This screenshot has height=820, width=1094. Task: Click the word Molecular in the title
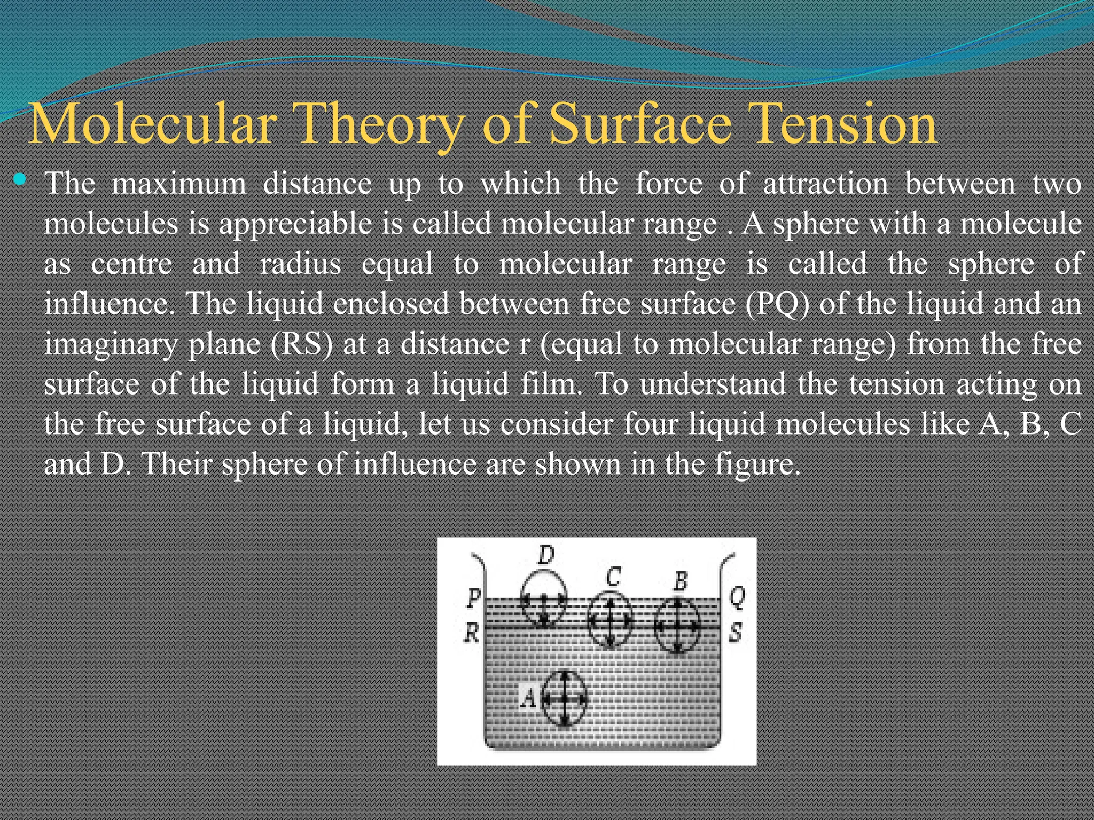(152, 124)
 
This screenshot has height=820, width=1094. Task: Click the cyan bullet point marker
(20, 179)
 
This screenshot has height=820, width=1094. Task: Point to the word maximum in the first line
(178, 184)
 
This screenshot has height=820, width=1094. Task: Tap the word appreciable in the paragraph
(295, 224)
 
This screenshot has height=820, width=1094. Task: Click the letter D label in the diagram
(545, 556)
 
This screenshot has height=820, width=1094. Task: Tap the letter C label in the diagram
(613, 577)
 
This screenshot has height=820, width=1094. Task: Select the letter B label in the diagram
(680, 581)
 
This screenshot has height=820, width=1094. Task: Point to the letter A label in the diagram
(528, 697)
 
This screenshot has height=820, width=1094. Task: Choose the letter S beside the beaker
(736, 633)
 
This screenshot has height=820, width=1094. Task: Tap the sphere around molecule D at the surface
(544, 598)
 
